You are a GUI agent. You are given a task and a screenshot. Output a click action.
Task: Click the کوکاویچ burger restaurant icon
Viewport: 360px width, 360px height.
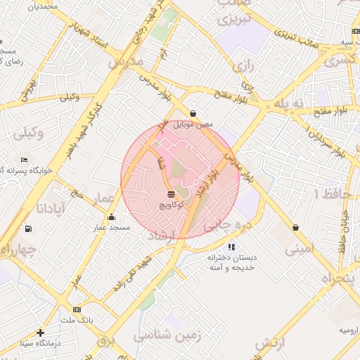[x=172, y=193]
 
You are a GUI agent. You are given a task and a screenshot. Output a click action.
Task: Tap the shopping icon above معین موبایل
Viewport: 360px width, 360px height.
[x=193, y=113]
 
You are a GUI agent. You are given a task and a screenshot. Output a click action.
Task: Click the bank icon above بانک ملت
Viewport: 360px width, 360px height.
[x=77, y=309]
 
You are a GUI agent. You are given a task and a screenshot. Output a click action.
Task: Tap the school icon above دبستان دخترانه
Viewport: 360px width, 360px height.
[x=231, y=247]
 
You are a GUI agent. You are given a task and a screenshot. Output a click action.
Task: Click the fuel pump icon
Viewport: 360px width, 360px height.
[x=27, y=228]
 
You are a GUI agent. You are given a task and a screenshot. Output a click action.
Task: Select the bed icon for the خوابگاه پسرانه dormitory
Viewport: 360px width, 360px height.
[x=25, y=160]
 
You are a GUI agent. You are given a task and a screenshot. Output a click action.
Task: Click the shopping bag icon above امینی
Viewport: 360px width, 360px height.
[x=295, y=227]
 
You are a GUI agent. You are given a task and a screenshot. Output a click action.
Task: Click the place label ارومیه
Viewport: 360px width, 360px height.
[x=349, y=330]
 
